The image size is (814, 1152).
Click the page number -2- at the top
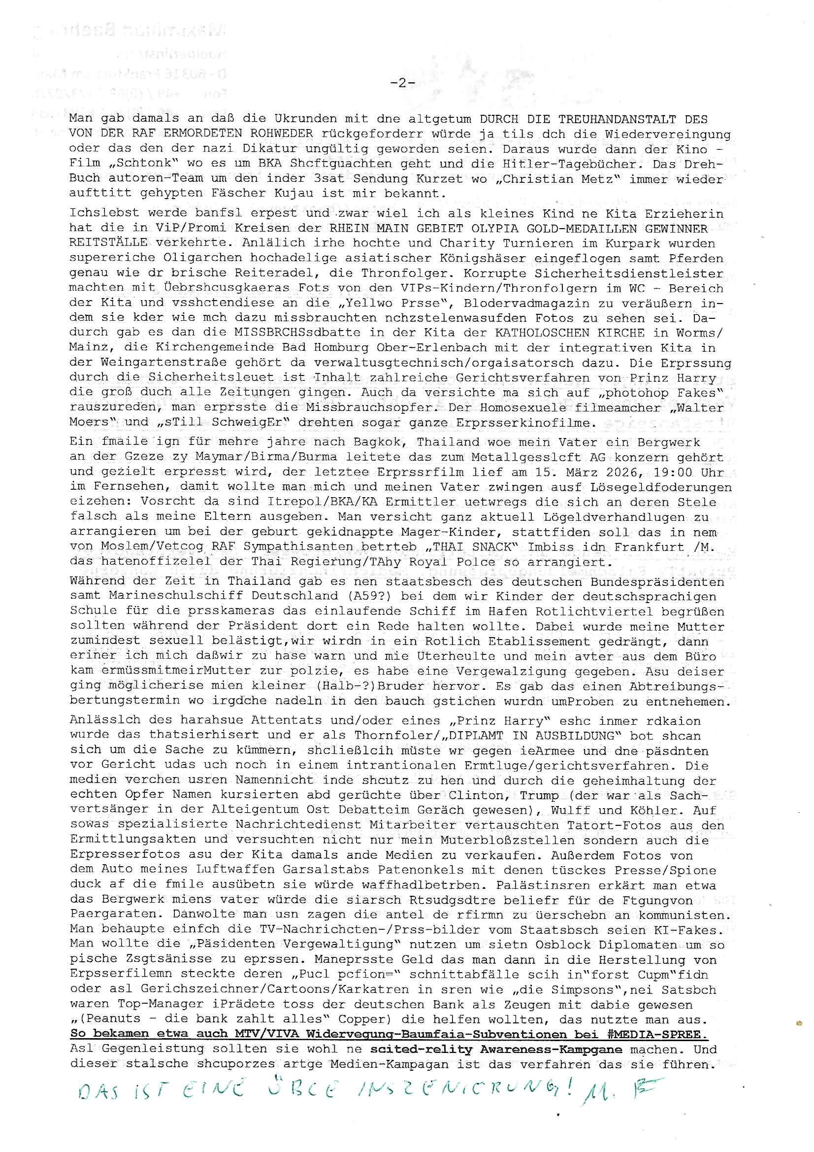tap(402, 83)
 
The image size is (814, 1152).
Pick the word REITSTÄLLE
tap(108, 243)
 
